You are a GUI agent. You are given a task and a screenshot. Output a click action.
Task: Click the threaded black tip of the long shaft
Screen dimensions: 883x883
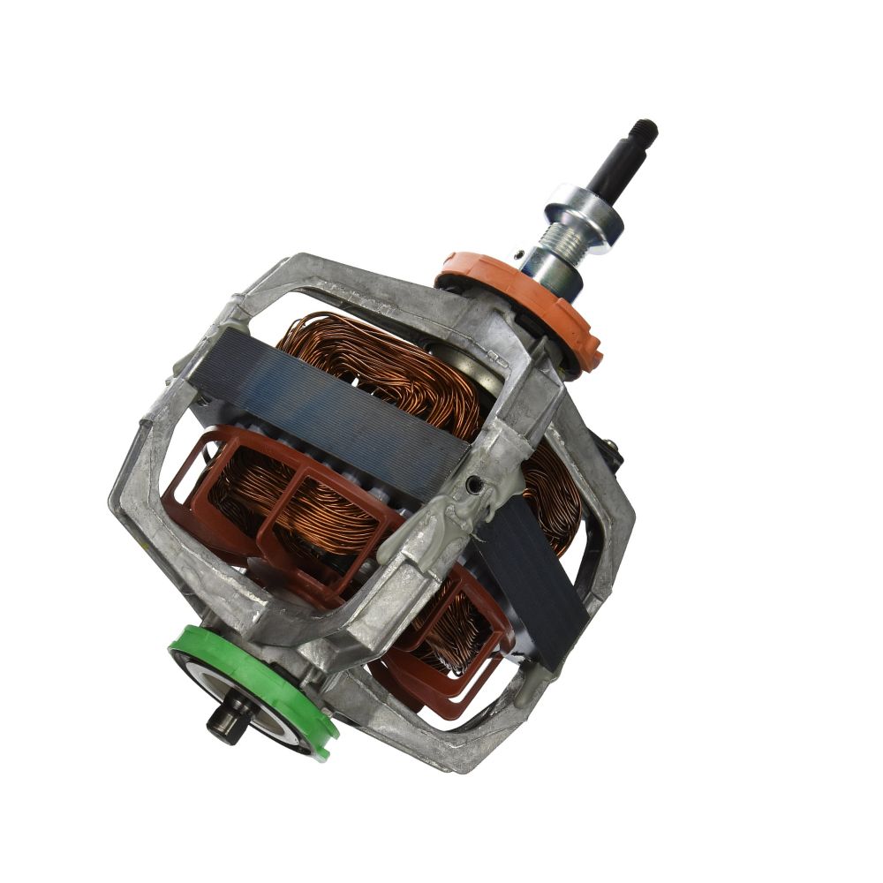click(x=645, y=131)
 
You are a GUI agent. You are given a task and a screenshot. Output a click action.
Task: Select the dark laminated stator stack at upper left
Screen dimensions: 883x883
click(x=327, y=397)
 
